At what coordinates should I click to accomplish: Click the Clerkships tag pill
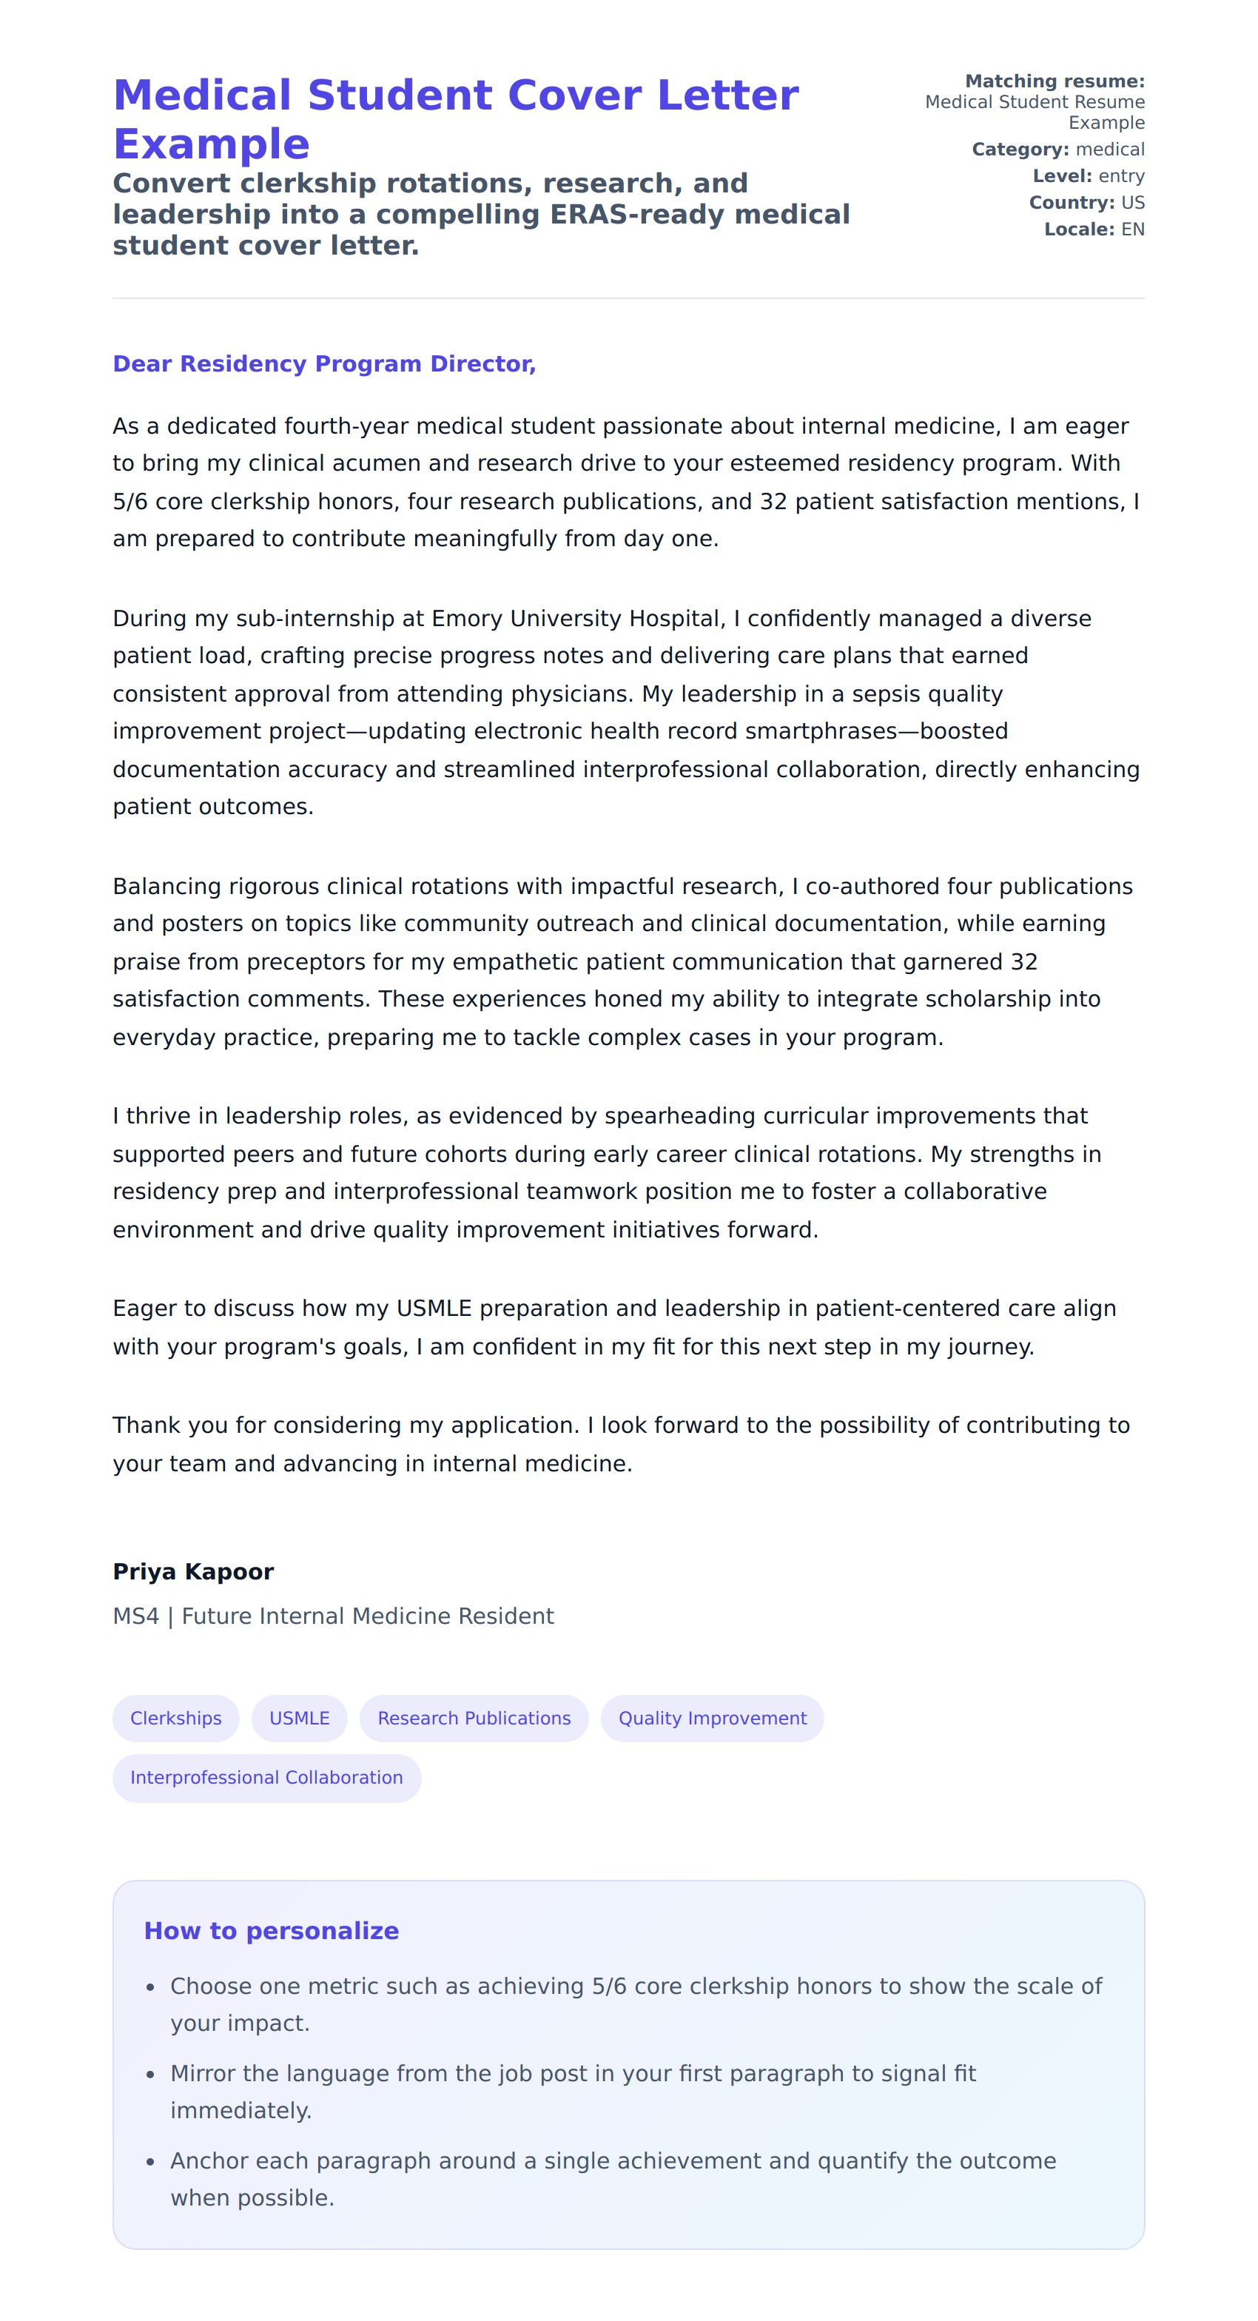(x=175, y=1719)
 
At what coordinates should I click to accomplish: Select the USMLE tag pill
(x=299, y=1719)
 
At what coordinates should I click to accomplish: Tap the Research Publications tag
(x=474, y=1719)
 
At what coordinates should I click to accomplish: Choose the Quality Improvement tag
(x=712, y=1719)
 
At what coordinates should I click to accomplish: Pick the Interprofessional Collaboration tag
(x=266, y=1778)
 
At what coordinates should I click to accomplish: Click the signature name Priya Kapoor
(x=193, y=1572)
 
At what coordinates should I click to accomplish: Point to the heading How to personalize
(x=272, y=1931)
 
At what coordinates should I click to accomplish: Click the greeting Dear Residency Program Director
(x=324, y=364)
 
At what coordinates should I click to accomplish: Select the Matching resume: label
(x=1054, y=81)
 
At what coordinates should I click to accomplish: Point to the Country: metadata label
(x=1072, y=203)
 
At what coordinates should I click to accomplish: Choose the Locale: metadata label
(x=1079, y=229)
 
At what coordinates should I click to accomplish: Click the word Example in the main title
(x=212, y=144)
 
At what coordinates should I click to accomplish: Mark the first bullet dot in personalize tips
(x=150, y=1988)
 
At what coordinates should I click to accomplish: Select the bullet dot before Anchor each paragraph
(x=150, y=2163)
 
